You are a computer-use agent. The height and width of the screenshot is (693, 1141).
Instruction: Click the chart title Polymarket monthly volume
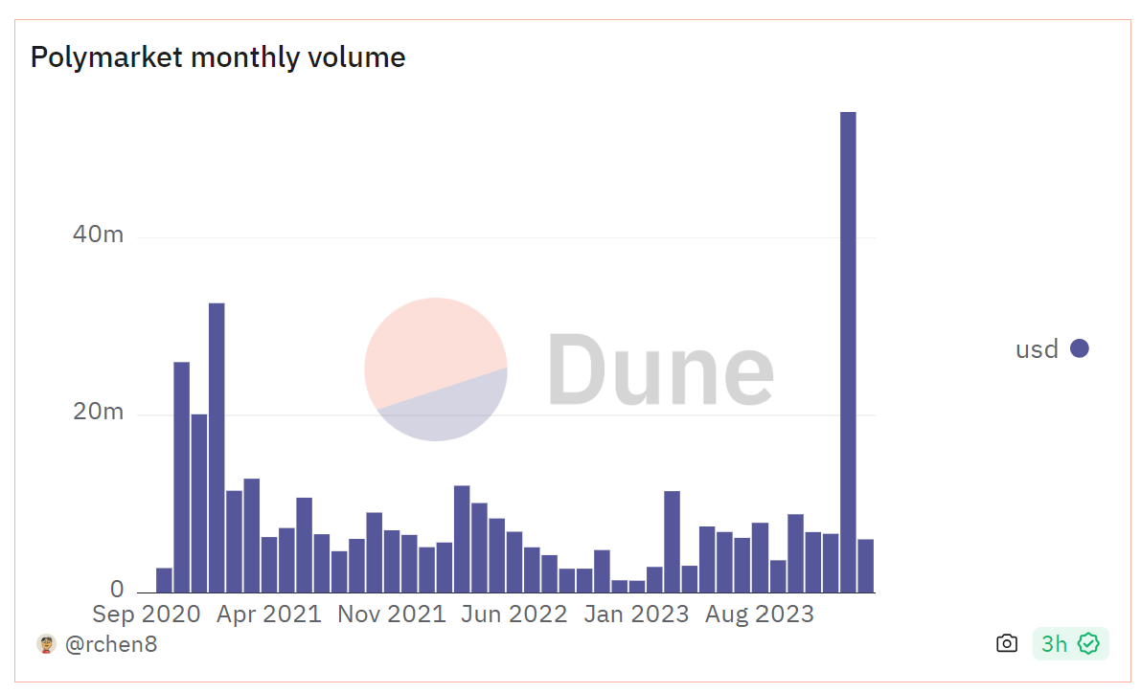pyautogui.click(x=217, y=57)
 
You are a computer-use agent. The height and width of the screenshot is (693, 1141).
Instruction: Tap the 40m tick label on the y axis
pyautogui.click(x=98, y=235)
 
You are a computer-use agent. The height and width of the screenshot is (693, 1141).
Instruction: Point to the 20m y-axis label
pyautogui.click(x=98, y=413)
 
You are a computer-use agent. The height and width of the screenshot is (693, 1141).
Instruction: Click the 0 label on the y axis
pyautogui.click(x=116, y=589)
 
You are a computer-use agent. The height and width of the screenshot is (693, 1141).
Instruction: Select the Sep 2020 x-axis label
pyautogui.click(x=147, y=615)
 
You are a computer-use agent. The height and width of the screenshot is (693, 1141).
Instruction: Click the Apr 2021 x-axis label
pyautogui.click(x=269, y=615)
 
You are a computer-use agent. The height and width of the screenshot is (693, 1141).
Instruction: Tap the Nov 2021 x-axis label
pyautogui.click(x=392, y=615)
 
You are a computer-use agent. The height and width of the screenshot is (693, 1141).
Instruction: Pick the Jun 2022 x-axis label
pyautogui.click(x=514, y=615)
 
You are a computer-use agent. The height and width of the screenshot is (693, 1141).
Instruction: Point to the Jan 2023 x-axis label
pyautogui.click(x=637, y=615)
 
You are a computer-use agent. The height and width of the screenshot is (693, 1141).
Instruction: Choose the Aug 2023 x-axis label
pyautogui.click(x=760, y=615)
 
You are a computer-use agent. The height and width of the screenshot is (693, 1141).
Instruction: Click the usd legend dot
pyautogui.click(x=1080, y=348)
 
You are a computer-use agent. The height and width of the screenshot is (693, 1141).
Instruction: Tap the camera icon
pyautogui.click(x=1006, y=643)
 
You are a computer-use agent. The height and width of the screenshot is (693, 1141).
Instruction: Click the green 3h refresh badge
pyautogui.click(x=1070, y=643)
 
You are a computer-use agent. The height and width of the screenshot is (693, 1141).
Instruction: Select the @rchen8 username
pyautogui.click(x=111, y=644)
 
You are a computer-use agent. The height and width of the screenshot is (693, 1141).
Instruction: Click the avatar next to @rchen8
pyautogui.click(x=46, y=643)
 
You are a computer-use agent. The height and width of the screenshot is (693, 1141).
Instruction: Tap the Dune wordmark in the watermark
pyautogui.click(x=661, y=369)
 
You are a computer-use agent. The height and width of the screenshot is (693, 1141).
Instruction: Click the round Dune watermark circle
pyautogui.click(x=436, y=369)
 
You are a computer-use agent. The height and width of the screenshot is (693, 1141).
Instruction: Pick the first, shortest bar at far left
pyautogui.click(x=164, y=580)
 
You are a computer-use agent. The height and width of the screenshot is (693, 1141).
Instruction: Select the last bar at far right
pyautogui.click(x=865, y=566)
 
